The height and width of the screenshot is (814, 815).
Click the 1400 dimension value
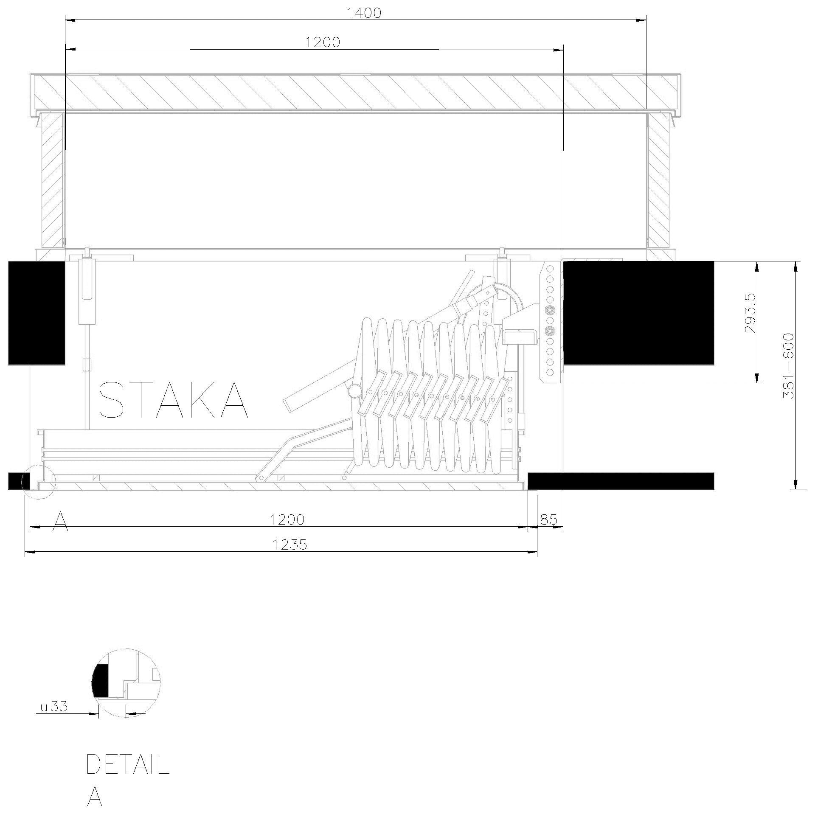point(364,13)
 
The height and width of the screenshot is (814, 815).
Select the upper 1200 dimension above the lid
point(323,42)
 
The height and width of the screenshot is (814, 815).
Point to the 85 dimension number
point(549,519)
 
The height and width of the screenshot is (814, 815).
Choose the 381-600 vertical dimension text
point(788,365)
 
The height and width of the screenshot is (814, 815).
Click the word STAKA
point(173,400)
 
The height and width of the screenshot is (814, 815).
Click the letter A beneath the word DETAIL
point(95,797)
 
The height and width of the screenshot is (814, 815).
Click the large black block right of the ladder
point(638,313)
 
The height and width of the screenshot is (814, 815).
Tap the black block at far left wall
point(37,313)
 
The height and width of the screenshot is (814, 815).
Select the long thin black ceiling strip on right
point(621,480)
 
